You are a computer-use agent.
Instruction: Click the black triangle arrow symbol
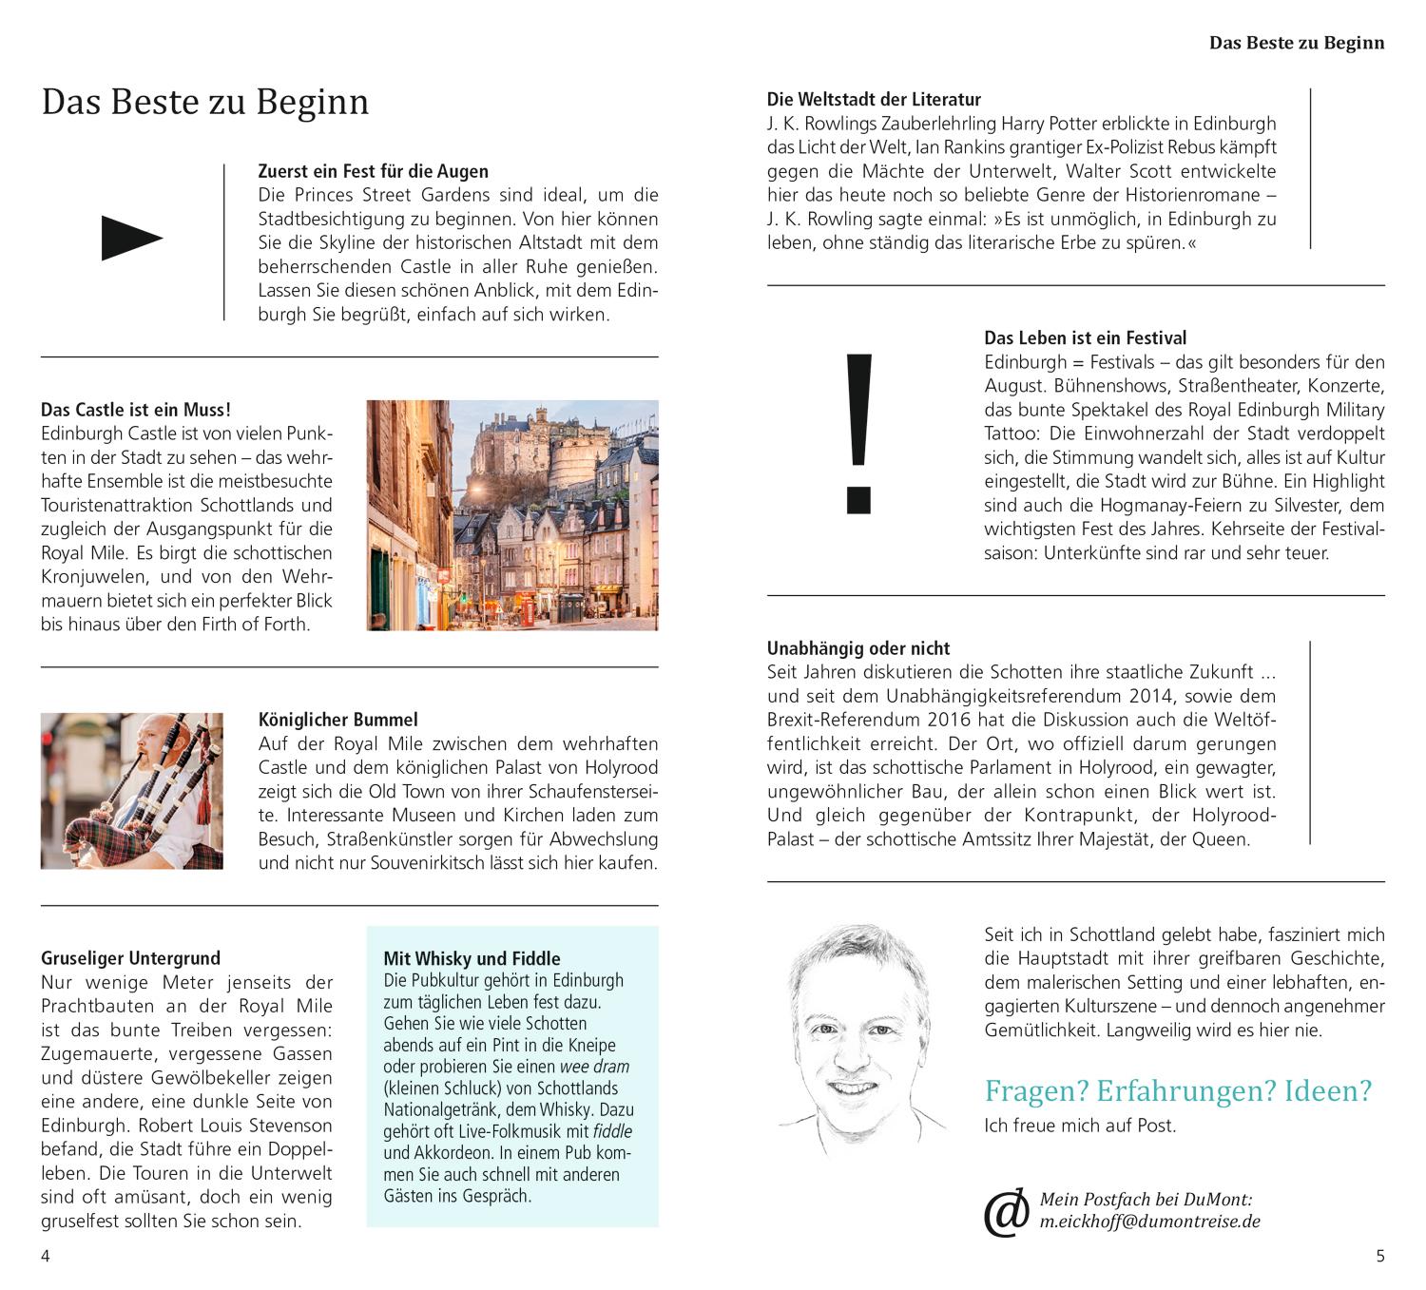coord(131,238)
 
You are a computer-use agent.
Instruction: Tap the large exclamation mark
coord(858,433)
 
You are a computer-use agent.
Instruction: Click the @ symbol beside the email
coord(1006,1213)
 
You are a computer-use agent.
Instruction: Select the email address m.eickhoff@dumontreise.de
coord(1149,1222)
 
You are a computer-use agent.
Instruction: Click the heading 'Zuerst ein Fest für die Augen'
coord(373,171)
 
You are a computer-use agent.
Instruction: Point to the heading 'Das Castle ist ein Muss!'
coord(135,410)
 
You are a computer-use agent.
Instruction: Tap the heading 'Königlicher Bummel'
coord(337,720)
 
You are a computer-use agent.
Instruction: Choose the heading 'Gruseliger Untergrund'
coord(130,958)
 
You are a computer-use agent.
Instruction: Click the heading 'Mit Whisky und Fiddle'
coord(472,958)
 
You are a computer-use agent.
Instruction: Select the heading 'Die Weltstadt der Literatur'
coord(874,99)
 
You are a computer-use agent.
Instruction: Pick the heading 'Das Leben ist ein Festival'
coord(1085,337)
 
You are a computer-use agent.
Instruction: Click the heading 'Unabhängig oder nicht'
coord(858,648)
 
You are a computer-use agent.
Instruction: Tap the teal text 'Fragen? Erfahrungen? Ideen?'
coord(1178,1090)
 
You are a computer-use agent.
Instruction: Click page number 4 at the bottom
coord(45,1256)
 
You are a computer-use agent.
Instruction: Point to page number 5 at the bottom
coord(1380,1256)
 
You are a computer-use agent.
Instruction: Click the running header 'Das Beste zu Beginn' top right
coord(1296,43)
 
